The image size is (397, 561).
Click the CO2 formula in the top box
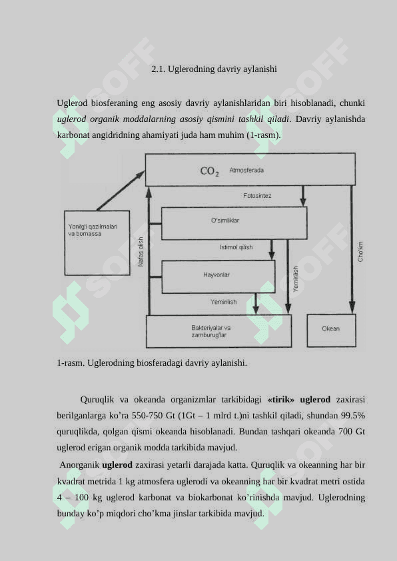click(209, 171)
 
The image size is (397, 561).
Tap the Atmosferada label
click(246, 171)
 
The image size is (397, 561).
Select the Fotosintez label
click(257, 196)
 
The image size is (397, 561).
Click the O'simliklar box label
click(225, 221)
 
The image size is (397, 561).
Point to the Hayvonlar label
click(216, 275)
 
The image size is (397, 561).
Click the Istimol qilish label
click(236, 247)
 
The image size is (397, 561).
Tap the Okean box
click(332, 330)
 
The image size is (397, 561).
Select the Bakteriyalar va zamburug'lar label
click(211, 331)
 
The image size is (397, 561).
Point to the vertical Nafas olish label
click(141, 252)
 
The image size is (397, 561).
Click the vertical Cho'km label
click(360, 252)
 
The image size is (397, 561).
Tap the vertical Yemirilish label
click(296, 279)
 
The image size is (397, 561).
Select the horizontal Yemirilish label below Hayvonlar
click(224, 302)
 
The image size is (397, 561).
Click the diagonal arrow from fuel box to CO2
click(121, 191)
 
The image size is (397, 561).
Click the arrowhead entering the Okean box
click(352, 307)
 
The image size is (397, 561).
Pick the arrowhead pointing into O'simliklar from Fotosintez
click(303, 202)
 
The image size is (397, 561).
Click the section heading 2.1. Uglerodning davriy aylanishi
click(214, 69)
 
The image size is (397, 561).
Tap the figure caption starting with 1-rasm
click(152, 363)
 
